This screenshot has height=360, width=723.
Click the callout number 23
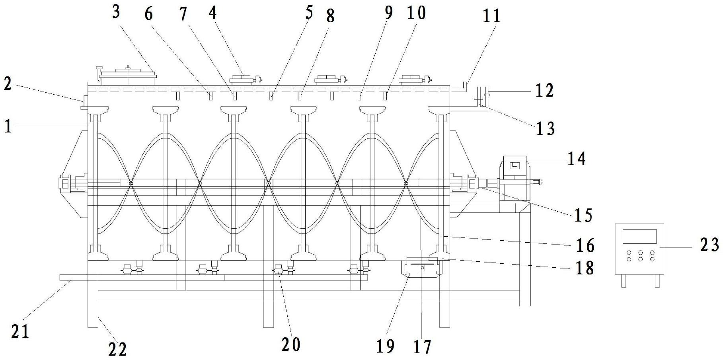tap(709, 245)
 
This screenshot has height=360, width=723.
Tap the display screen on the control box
tap(639, 236)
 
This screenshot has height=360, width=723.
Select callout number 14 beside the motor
tap(577, 159)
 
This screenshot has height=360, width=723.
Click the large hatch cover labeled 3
tap(128, 74)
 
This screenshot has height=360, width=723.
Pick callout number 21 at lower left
tap(20, 331)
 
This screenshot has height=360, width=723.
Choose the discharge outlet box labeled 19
tap(421, 267)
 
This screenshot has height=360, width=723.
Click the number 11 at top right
tap(491, 16)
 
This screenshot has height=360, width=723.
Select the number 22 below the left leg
tap(118, 349)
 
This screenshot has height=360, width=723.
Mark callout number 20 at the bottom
tap(291, 344)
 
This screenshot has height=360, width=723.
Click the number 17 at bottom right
tap(422, 347)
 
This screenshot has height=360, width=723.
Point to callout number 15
tap(583, 215)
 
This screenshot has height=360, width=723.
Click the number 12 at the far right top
tap(544, 91)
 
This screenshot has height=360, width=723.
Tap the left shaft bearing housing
tap(70, 184)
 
